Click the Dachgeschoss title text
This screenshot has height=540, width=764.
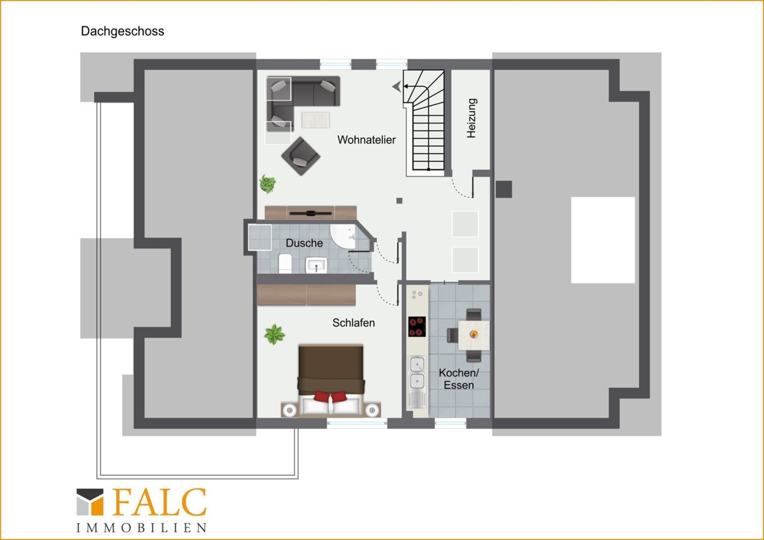pyautogui.click(x=123, y=31)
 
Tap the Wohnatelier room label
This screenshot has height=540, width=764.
pyautogui.click(x=366, y=140)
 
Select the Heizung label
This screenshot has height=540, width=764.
pyautogui.click(x=471, y=118)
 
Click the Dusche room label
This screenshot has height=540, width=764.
pyautogui.click(x=304, y=243)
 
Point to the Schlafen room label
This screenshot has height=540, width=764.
pyautogui.click(x=354, y=323)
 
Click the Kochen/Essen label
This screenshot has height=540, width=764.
pyautogui.click(x=459, y=379)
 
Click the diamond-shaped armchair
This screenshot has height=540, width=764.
pyautogui.click(x=301, y=156)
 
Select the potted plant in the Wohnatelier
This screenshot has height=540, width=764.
pyautogui.click(x=267, y=184)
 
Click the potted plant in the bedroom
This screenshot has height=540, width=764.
pyautogui.click(x=274, y=334)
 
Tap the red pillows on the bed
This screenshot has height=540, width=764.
pyautogui.click(x=330, y=397)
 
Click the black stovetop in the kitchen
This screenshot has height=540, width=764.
pyautogui.click(x=417, y=326)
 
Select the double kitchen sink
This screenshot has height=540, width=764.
pyautogui.click(x=417, y=373)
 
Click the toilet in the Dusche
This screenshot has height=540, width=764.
pyautogui.click(x=285, y=264)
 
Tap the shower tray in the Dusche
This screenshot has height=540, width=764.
pyautogui.click(x=260, y=237)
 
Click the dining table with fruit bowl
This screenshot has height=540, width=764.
pyautogui.click(x=474, y=335)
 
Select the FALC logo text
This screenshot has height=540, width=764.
pyautogui.click(x=160, y=502)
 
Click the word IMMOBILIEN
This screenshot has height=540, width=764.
pyautogui.click(x=142, y=528)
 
